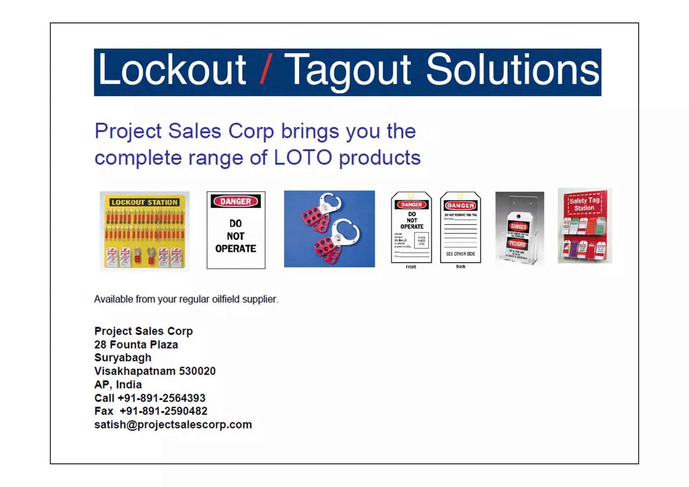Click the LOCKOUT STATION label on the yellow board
144,202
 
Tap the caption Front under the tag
411,267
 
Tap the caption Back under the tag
461,266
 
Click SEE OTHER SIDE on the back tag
461,254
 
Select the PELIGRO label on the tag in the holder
517,243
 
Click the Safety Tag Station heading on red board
584,204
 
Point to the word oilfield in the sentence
226,299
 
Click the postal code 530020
197,371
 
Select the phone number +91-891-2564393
161,398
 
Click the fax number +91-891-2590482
164,411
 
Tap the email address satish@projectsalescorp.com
173,424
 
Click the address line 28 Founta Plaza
136,344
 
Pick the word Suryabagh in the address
123,358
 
